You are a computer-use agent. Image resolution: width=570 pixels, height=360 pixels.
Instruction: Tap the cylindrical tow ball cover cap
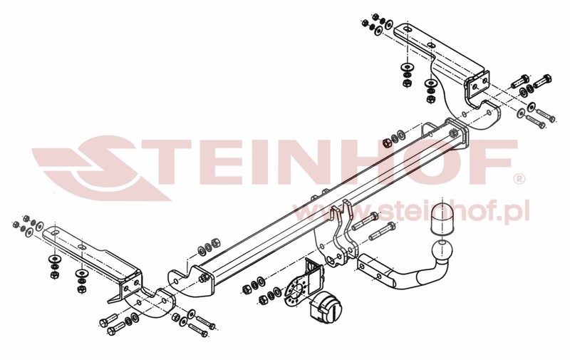pos(441,220)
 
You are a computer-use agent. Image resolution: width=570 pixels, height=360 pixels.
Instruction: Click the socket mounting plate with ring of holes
pos(296,292)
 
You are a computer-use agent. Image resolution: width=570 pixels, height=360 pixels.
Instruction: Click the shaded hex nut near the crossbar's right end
pos(387,142)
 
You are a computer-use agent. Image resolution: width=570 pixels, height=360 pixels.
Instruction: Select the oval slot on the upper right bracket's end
pos(408,29)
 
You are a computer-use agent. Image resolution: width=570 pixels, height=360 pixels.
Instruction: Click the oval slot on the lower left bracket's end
pos(55,232)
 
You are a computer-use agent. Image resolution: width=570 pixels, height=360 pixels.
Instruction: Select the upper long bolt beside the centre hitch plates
pos(365,221)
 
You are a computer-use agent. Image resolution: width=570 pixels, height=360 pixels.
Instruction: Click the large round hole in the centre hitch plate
pos(331,260)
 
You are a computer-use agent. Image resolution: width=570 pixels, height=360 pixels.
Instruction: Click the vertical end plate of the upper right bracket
pos(477,88)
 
